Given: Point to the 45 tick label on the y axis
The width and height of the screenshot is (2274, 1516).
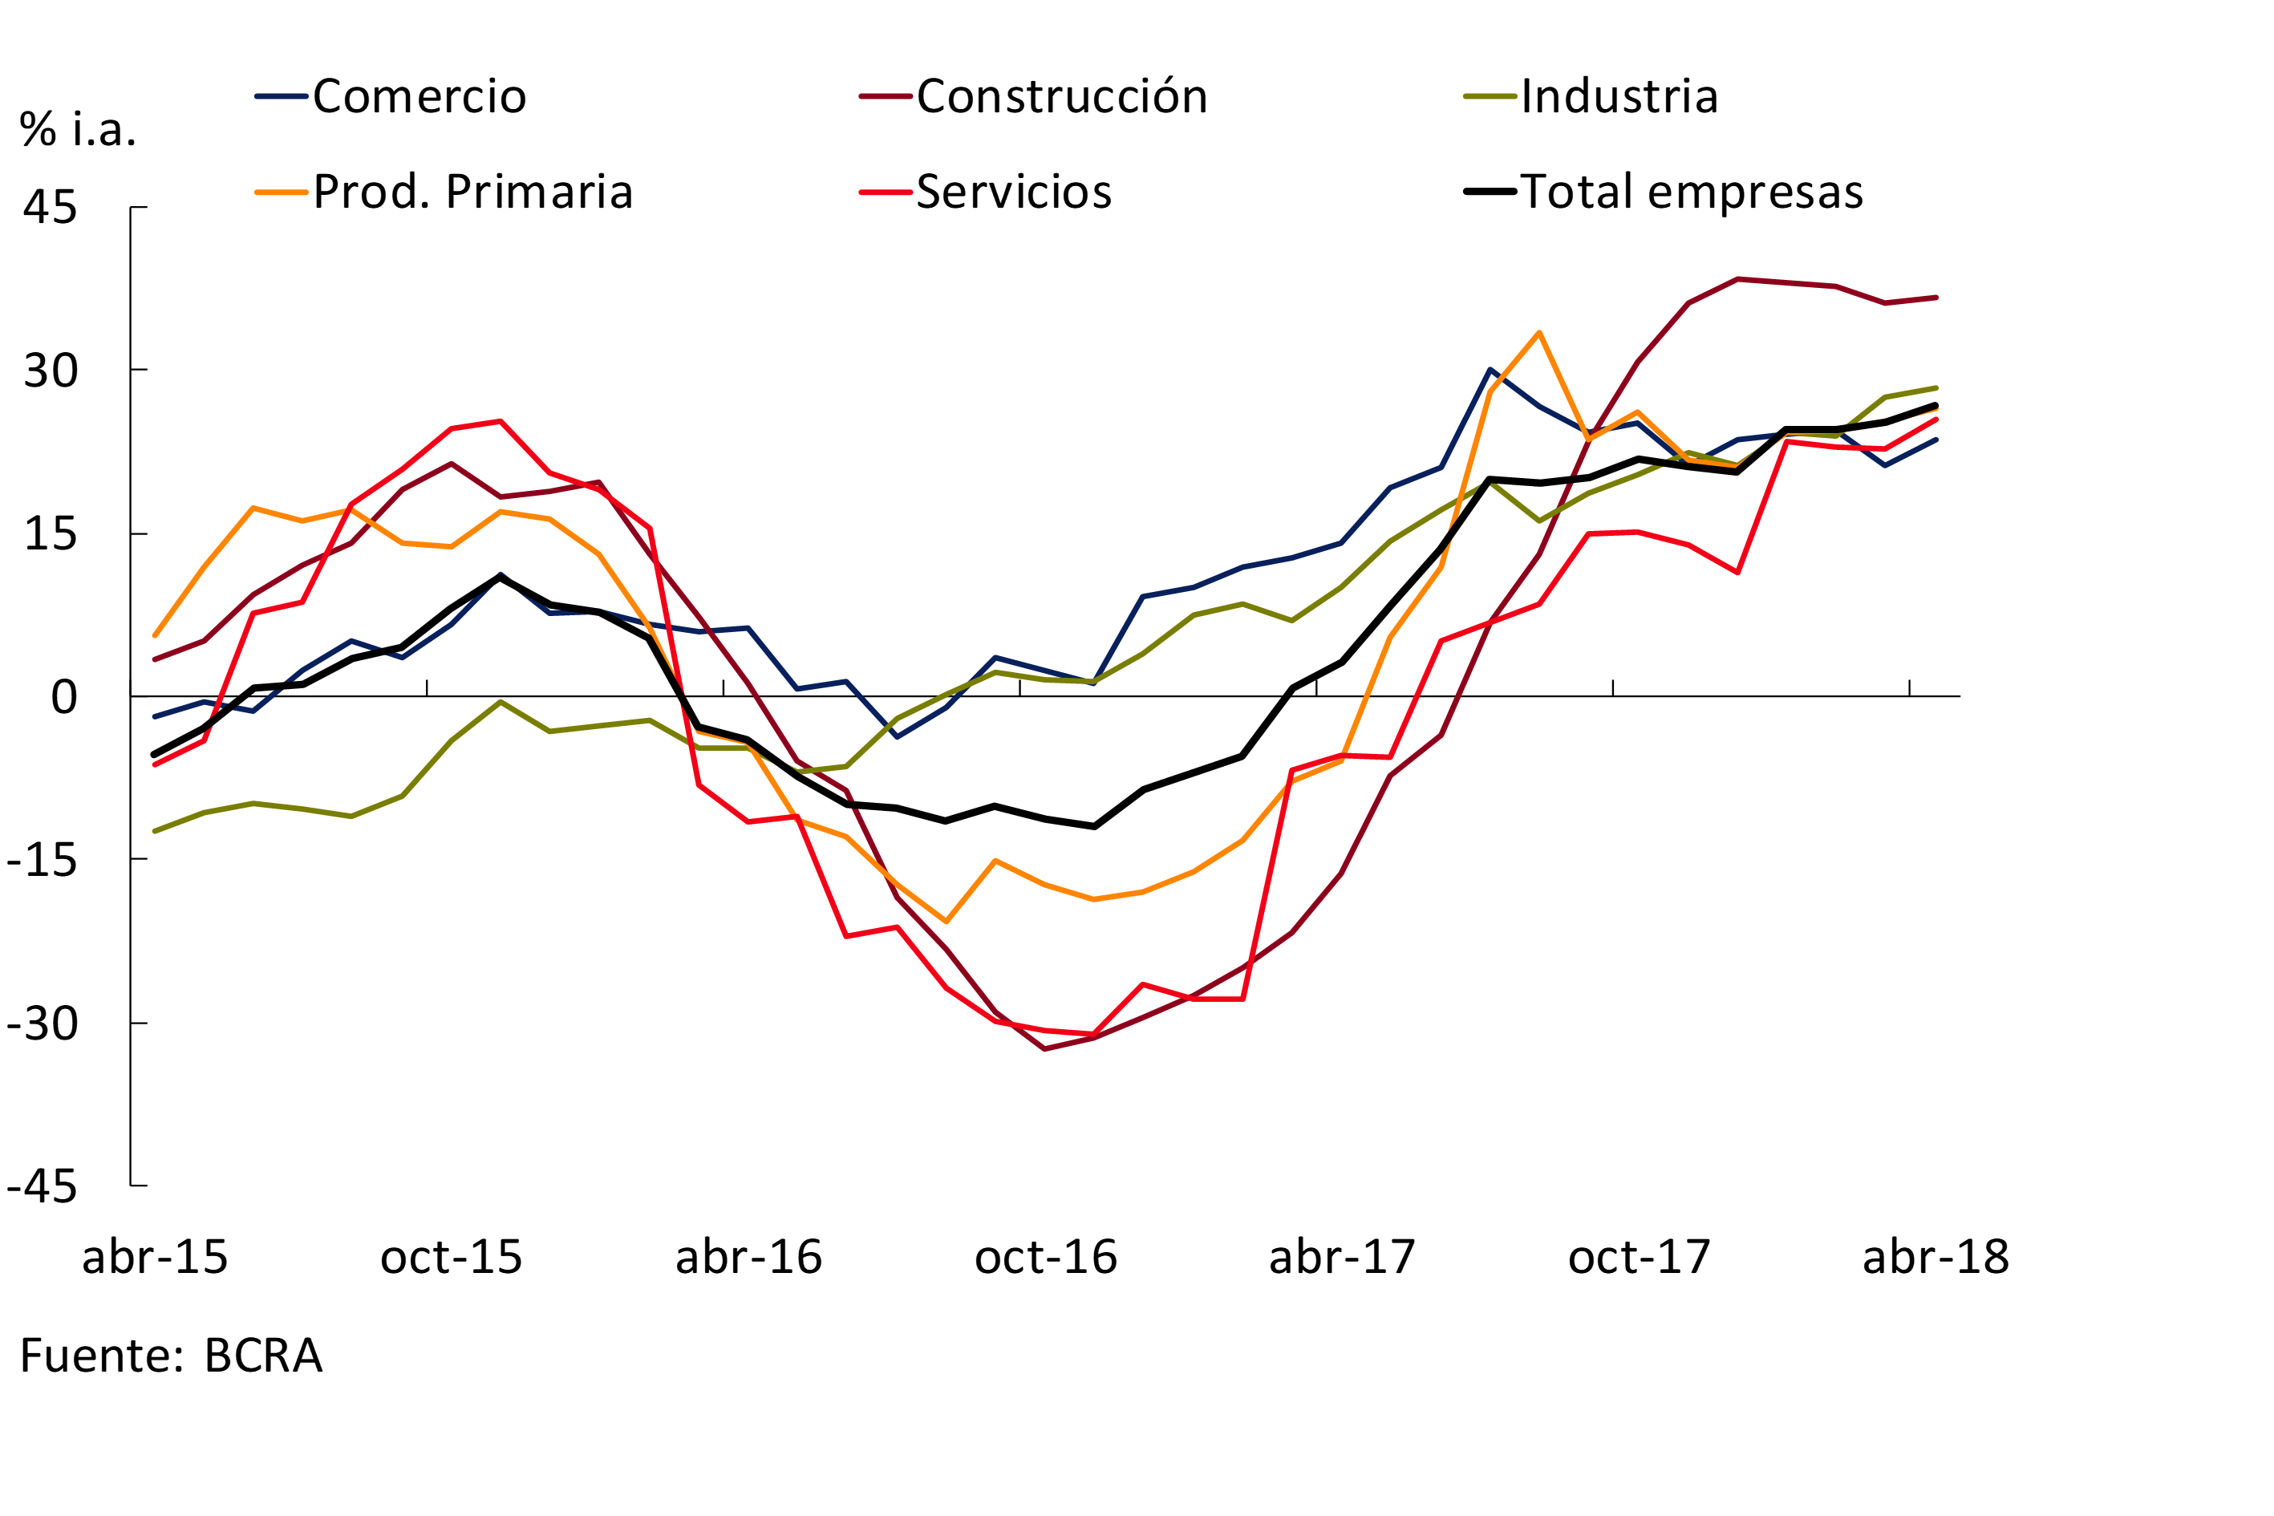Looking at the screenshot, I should click(51, 207).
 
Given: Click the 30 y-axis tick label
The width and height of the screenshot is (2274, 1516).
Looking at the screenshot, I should click(51, 371).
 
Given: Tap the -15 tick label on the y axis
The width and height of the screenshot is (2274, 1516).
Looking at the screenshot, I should click(42, 860).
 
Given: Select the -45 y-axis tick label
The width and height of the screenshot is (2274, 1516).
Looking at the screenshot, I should click(42, 1186).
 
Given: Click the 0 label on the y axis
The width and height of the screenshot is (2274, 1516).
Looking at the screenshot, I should click(64, 697).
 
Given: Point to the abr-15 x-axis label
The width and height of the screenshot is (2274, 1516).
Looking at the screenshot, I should click(155, 1258).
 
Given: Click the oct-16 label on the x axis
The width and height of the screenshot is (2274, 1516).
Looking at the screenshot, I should click(1045, 1258).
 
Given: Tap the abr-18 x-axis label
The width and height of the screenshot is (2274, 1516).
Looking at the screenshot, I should click(1936, 1258).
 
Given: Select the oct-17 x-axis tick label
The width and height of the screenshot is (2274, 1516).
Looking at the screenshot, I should click(1639, 1258).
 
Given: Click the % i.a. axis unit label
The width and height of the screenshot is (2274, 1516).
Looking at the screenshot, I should click(77, 130).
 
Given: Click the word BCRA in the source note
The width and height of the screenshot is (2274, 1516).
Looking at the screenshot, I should click(263, 1356).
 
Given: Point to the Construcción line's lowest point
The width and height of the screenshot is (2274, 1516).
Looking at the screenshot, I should click(1045, 1049).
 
